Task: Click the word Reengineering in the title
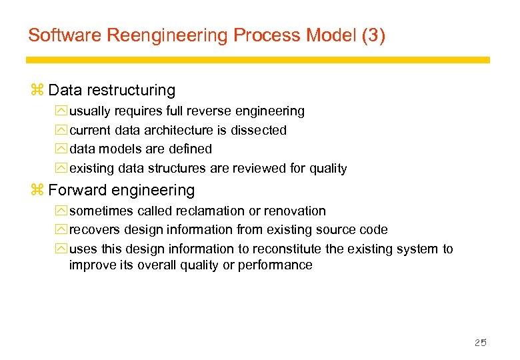[x=157, y=35]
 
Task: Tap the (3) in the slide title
[x=373, y=35]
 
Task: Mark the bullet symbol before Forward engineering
[x=37, y=191]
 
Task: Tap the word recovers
[x=94, y=229]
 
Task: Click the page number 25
[x=480, y=343]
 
